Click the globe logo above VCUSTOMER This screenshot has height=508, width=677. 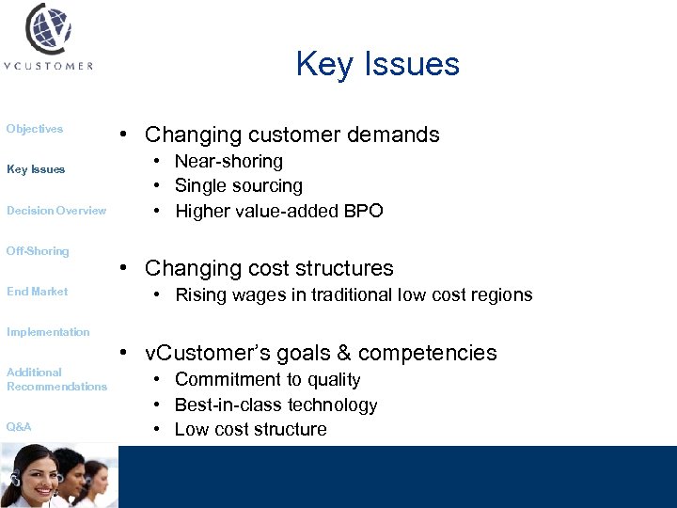coord(50,29)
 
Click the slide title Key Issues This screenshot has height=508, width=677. coord(377,64)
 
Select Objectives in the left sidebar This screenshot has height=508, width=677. coord(35,129)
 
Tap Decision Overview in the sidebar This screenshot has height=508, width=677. coord(56,211)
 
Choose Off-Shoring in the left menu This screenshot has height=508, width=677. coord(38,251)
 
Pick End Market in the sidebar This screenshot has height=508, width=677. coord(38,292)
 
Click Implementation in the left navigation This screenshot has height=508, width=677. coord(48,332)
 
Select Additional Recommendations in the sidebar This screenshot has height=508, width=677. coord(56,379)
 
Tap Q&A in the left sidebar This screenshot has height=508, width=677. coord(19,427)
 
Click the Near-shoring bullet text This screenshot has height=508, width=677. coord(228,162)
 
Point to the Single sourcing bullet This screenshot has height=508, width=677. coord(239,186)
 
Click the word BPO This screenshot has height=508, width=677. coord(364,212)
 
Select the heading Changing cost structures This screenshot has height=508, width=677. coord(269,269)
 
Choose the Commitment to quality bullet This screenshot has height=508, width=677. coord(268,380)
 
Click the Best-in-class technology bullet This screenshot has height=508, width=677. coord(276,405)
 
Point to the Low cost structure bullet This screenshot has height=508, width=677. coord(251,430)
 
